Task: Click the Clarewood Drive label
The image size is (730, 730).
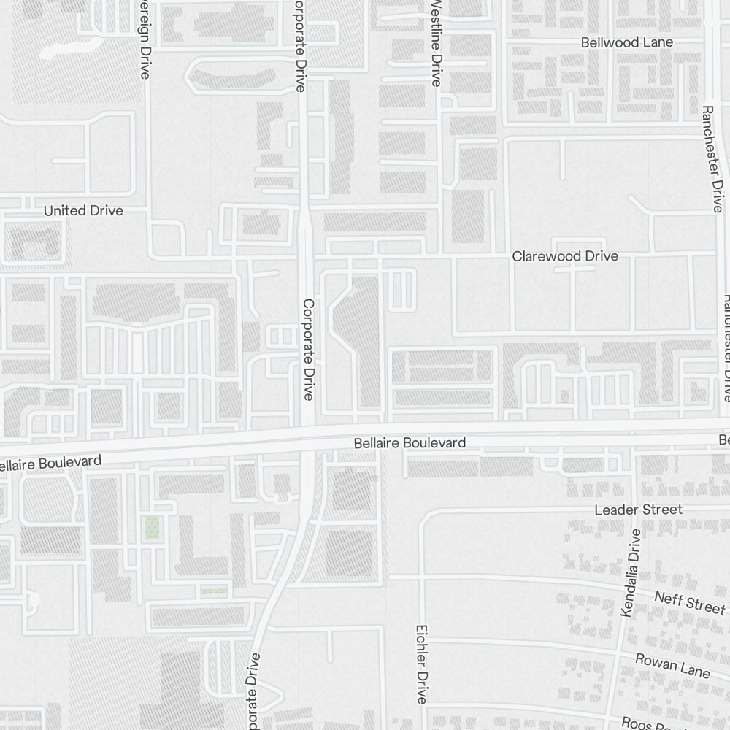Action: pos(565,256)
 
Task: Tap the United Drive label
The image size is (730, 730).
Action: pos(83,211)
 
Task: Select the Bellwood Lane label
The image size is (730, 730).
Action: pos(627,42)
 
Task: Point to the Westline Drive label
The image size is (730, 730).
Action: pos(437,44)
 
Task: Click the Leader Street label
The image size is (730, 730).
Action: pos(638,509)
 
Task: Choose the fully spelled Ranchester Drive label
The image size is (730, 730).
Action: pos(712,158)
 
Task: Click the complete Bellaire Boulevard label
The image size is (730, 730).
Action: pos(410,443)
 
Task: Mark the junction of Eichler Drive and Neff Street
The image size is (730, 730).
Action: pos(422,577)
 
